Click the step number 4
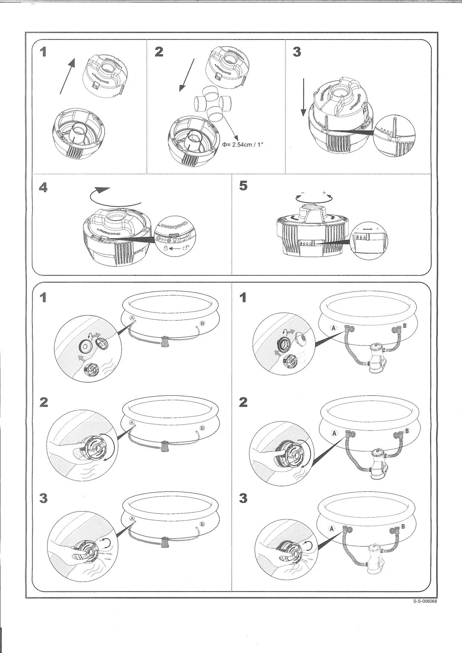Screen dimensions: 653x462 (44, 187)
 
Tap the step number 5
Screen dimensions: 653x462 (243, 185)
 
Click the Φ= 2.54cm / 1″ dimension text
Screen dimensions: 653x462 (243, 144)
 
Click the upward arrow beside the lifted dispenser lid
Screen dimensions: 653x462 (67, 77)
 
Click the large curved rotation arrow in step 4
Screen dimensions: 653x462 (112, 198)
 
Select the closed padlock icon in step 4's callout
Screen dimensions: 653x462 (166, 248)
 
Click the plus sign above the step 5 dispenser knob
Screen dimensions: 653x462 (324, 193)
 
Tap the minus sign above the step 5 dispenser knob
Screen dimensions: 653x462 (303, 193)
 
